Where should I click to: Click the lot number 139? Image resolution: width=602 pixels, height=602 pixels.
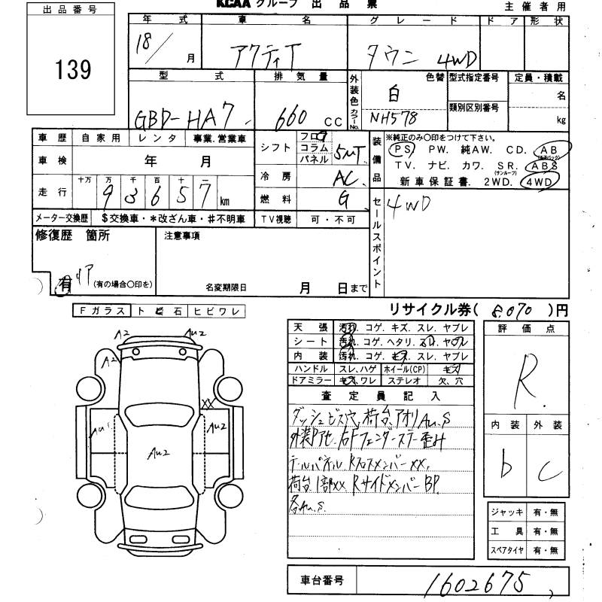pos(73,70)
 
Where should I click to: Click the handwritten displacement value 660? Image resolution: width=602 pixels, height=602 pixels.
pos(290,116)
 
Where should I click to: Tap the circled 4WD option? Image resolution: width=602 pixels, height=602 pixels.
pos(541,181)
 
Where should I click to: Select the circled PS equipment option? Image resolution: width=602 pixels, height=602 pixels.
pos(398,149)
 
